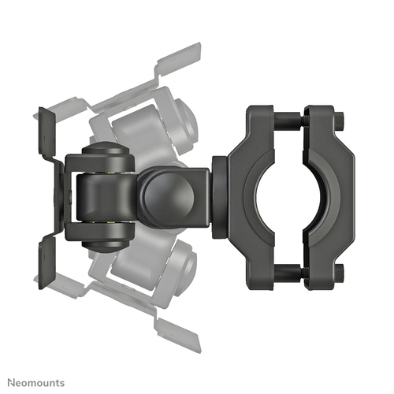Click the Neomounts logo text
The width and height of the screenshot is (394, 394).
coord(36,383)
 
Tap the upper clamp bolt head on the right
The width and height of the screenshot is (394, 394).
coord(340,119)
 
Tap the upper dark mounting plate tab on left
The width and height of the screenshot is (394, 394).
coord(46,132)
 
